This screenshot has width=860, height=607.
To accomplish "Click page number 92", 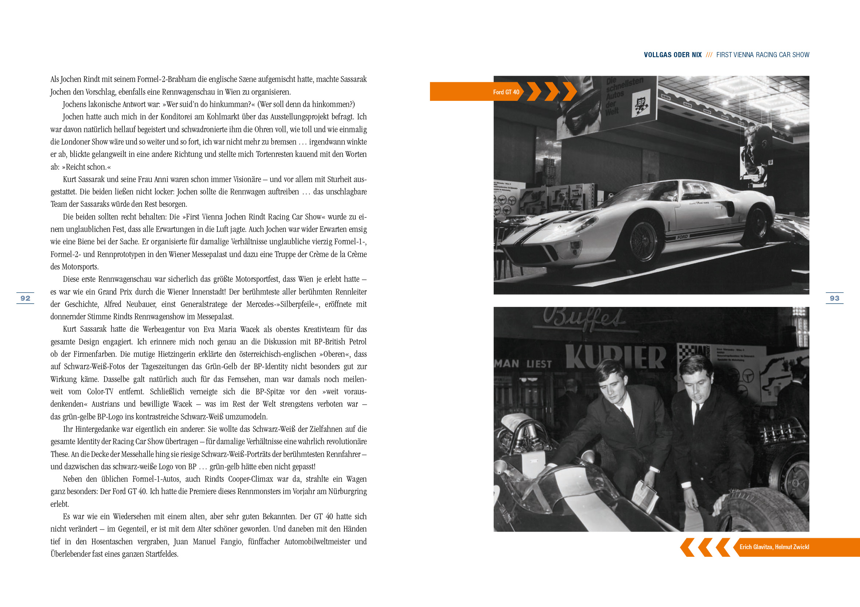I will [x=25, y=298].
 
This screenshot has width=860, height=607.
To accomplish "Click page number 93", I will [x=834, y=298].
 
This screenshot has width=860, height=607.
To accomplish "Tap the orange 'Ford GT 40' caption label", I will [x=506, y=92].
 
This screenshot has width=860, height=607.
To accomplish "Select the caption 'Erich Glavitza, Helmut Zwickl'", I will [x=774, y=547].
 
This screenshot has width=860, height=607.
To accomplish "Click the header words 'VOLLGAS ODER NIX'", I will [x=672, y=55].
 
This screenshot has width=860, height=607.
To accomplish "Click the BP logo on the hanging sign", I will [x=641, y=104].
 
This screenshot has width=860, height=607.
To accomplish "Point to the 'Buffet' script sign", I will [x=584, y=319].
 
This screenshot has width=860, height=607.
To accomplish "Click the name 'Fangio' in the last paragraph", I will [x=233, y=541].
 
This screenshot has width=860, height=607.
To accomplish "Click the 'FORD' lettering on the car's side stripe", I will [x=682, y=237].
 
